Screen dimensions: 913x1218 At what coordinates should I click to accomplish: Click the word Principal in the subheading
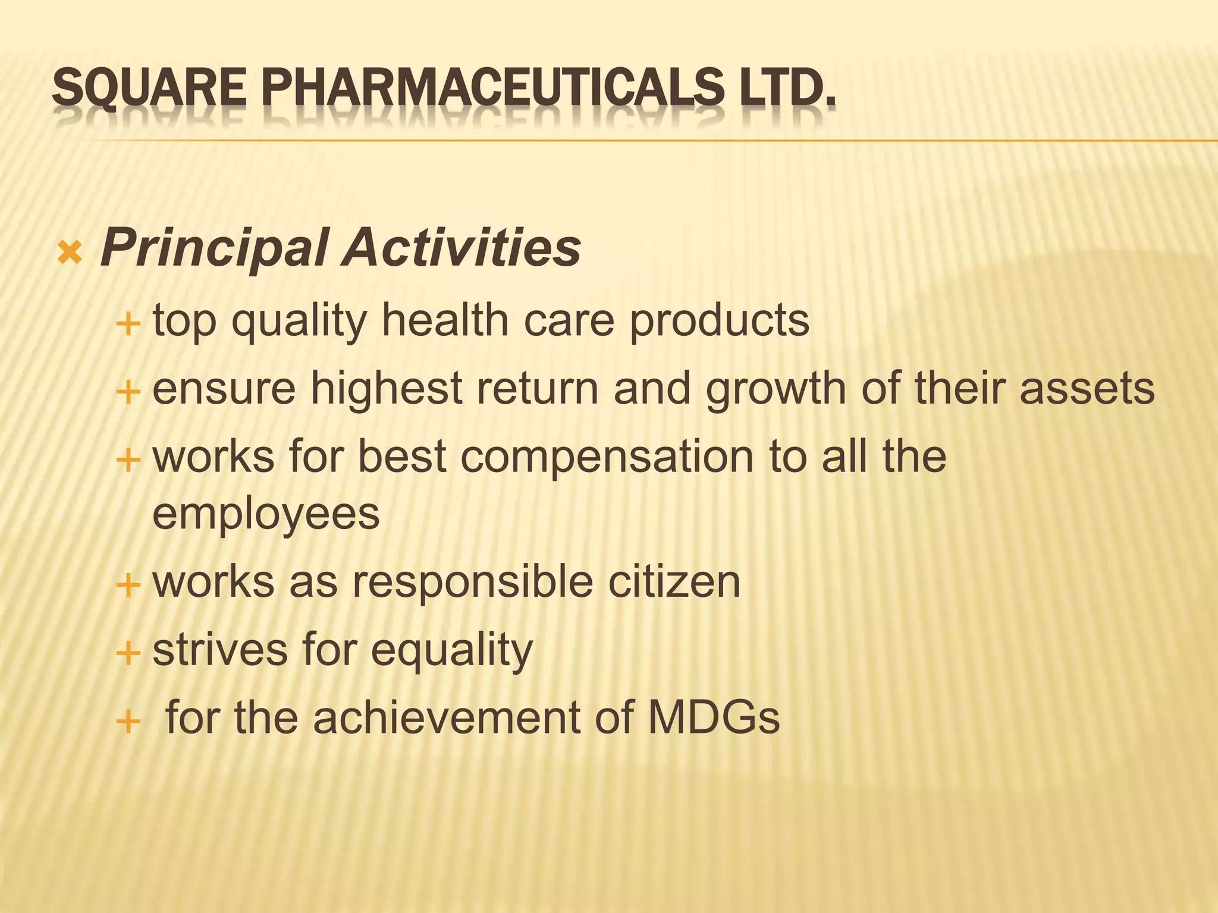[x=214, y=248]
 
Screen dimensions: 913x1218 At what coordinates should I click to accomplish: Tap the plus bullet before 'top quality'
[x=128, y=325]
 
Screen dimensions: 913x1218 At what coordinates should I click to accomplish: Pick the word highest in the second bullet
[x=387, y=390]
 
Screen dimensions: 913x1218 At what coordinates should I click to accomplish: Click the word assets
[x=1087, y=389]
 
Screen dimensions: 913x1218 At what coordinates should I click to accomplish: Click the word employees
[x=266, y=515]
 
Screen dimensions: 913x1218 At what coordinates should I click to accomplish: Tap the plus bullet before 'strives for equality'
[x=128, y=654]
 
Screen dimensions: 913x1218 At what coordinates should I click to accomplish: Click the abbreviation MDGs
[x=713, y=717]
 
